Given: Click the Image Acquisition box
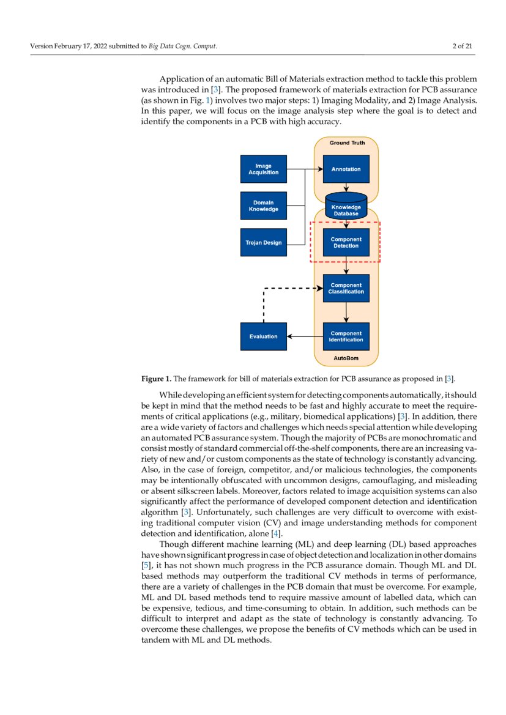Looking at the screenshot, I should (x=263, y=169).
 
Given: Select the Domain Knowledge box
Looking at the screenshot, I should (x=263, y=206).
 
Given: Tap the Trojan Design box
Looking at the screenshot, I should (x=263, y=243).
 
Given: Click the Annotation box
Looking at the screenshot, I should (x=346, y=169).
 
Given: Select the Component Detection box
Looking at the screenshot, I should (x=346, y=243).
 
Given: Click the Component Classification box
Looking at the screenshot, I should (x=346, y=289).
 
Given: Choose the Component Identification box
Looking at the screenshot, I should (x=346, y=336).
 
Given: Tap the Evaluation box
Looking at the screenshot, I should (x=263, y=336).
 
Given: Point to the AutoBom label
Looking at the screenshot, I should (x=346, y=358).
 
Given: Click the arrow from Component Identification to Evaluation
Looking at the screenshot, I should (x=305, y=336).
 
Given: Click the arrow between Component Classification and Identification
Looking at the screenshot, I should (x=346, y=313).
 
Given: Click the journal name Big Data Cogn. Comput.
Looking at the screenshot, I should (x=183, y=46).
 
